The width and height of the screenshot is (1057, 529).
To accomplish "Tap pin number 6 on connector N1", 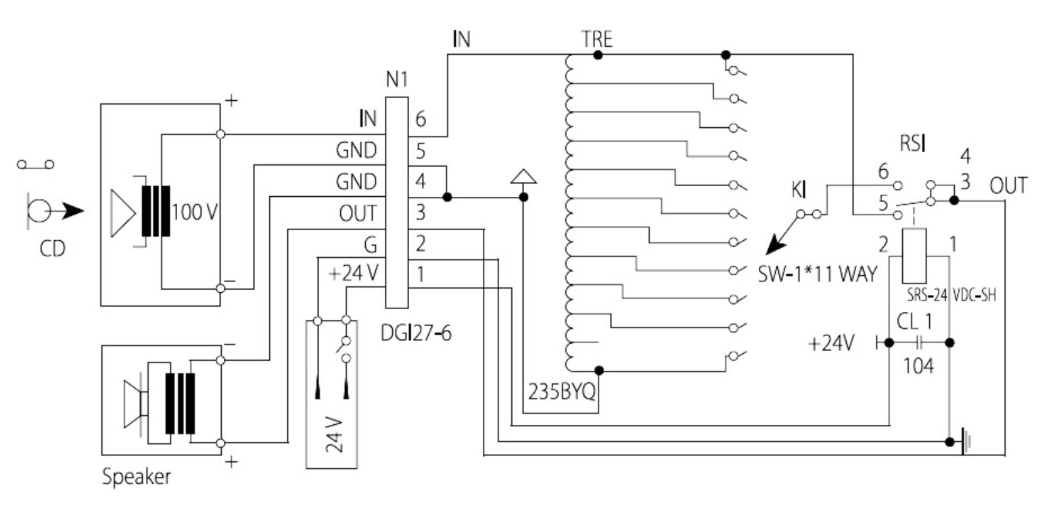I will click(x=420, y=120).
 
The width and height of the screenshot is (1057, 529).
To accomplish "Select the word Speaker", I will click(x=137, y=477).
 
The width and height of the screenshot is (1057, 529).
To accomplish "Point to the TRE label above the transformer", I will click(x=597, y=40).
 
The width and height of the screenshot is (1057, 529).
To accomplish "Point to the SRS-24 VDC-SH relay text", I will click(x=953, y=296).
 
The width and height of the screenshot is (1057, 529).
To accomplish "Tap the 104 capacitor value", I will click(x=919, y=366).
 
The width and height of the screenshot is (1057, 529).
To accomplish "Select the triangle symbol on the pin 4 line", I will click(x=523, y=177).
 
